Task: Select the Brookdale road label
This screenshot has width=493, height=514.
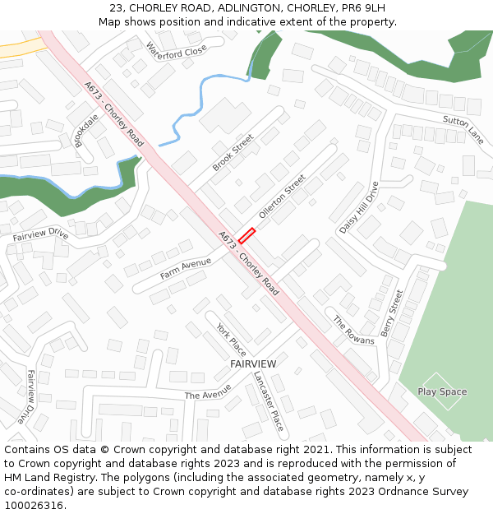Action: coord(85,130)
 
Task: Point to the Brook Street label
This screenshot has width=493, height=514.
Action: coord(233,153)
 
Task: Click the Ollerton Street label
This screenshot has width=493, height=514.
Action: coord(282,196)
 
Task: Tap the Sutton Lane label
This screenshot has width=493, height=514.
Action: coord(463,125)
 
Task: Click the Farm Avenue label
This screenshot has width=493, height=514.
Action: coord(186,267)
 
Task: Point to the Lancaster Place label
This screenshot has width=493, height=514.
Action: coord(268,401)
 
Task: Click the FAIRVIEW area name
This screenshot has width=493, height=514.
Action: coord(253,364)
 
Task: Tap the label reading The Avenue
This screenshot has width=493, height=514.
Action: coord(208,395)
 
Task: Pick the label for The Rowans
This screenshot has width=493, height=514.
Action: coord(353,330)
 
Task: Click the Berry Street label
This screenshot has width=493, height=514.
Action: coord(392,313)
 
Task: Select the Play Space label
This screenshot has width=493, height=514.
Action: coord(442,391)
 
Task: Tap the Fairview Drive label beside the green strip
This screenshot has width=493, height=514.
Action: coord(40,234)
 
